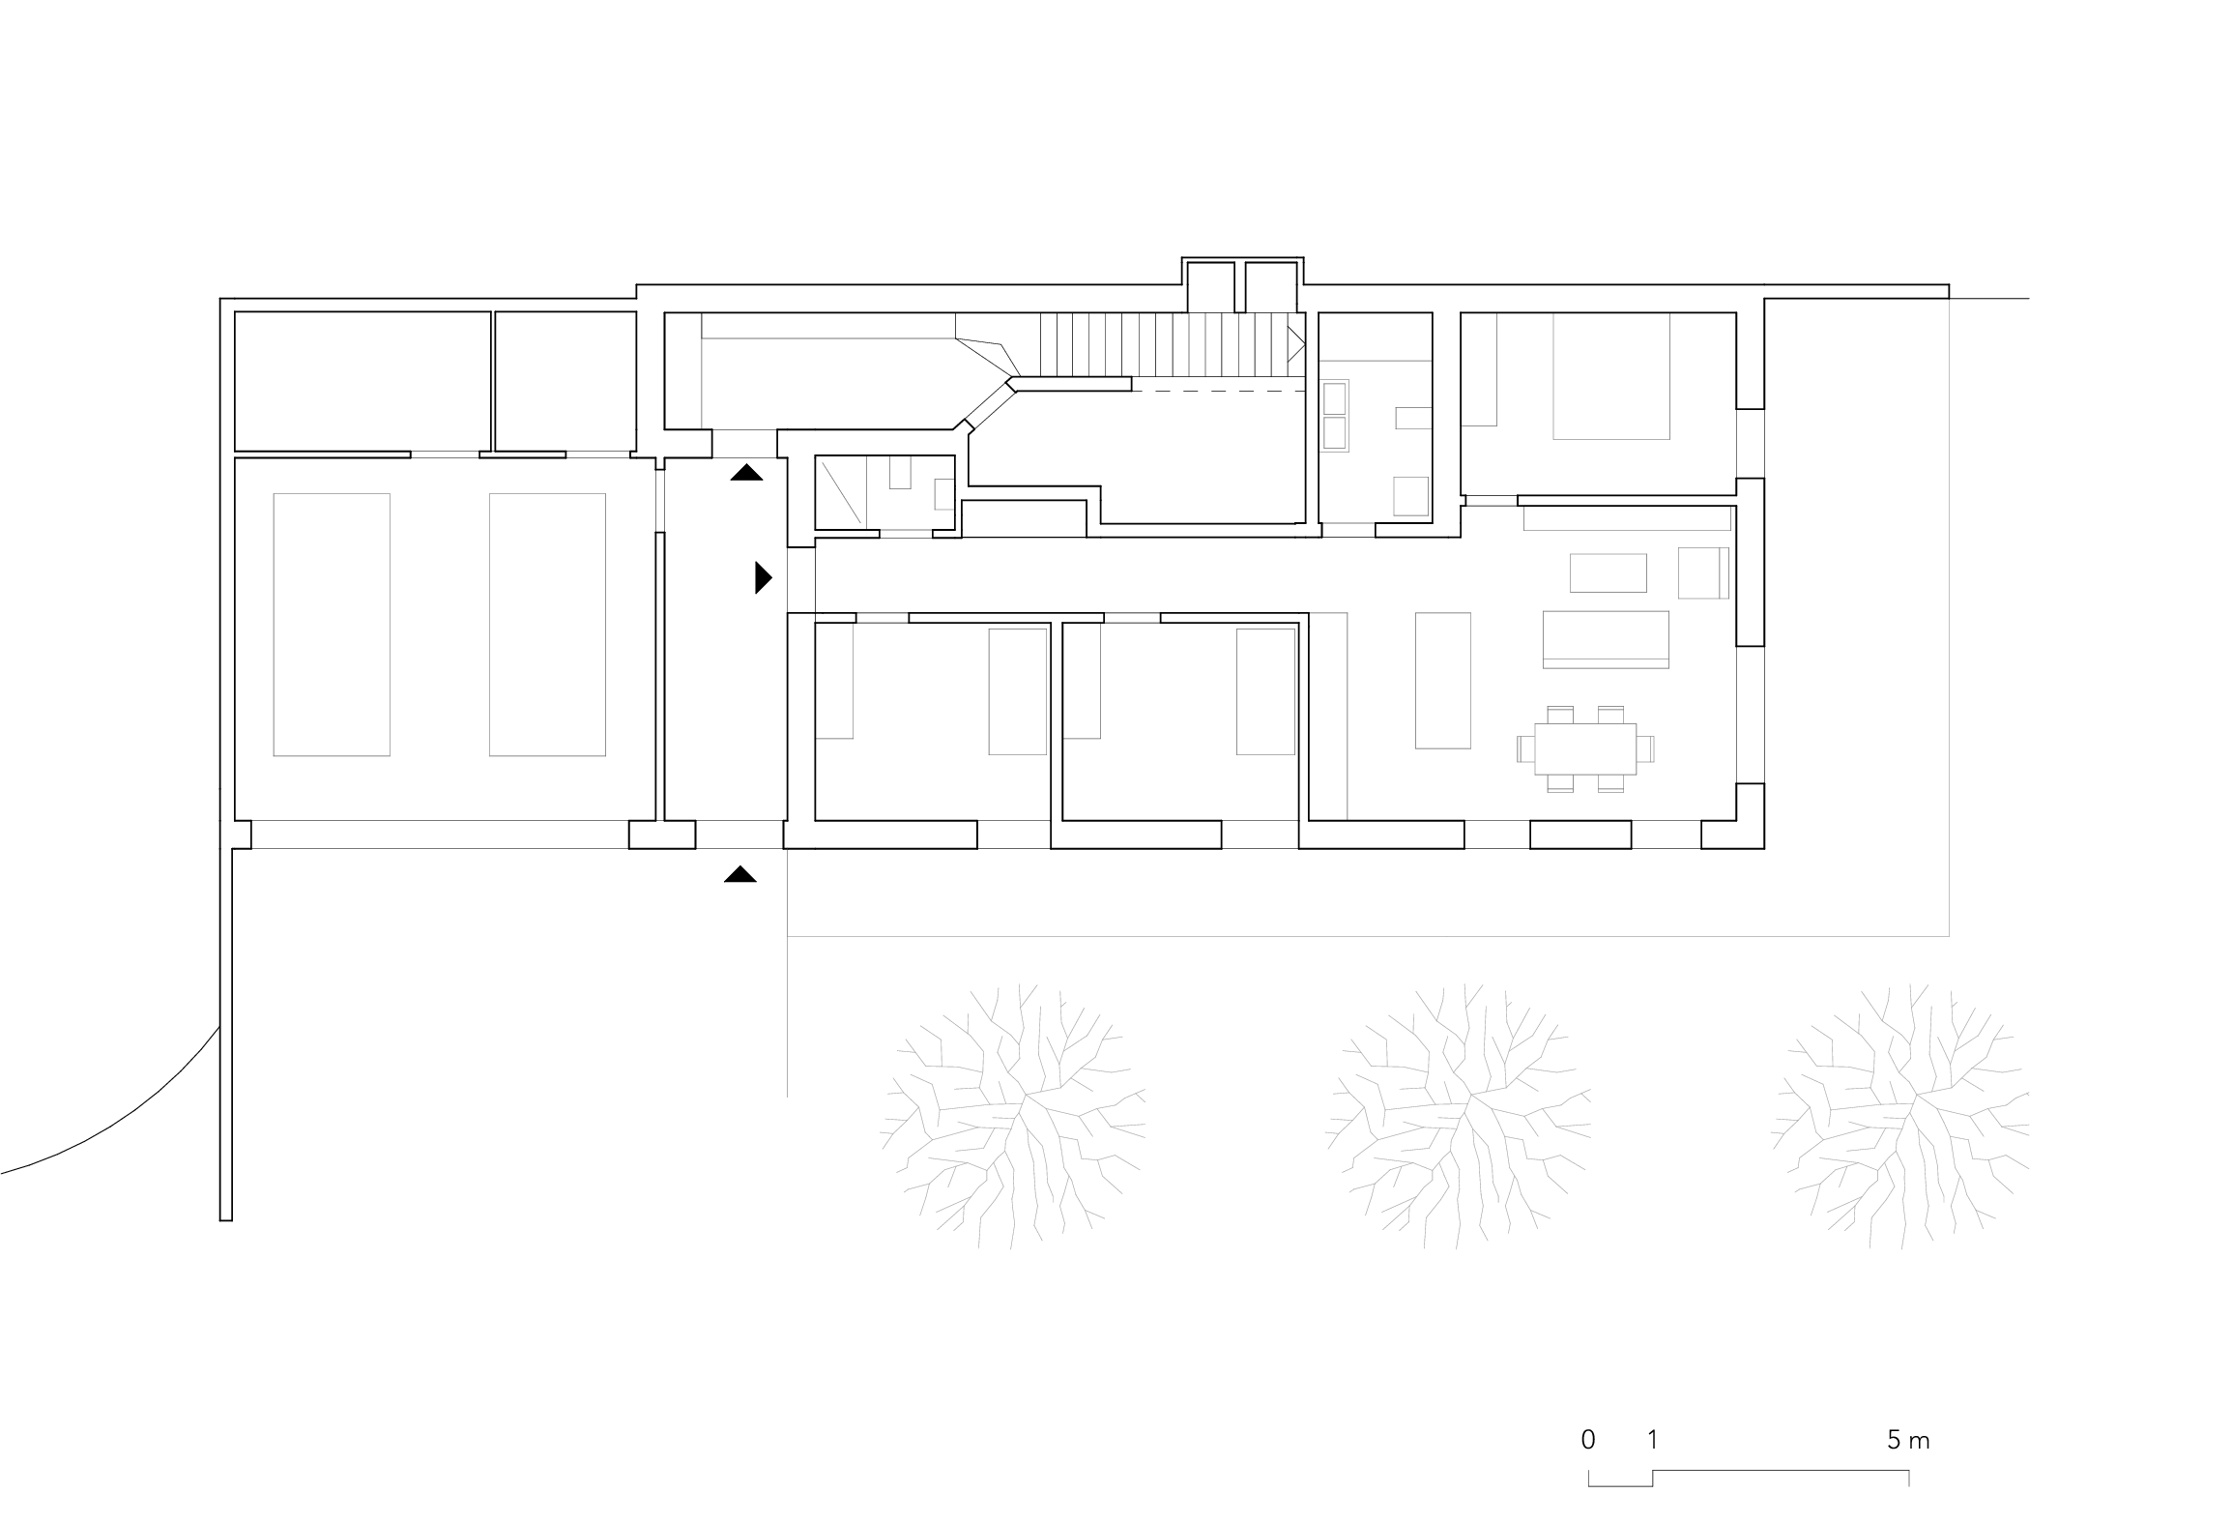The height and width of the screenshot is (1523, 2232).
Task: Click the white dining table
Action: point(1585,748)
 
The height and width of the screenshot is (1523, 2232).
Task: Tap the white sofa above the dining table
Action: point(1606,638)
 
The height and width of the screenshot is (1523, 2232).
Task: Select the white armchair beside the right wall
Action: point(1702,572)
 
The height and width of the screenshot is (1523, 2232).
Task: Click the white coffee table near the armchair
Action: point(1608,572)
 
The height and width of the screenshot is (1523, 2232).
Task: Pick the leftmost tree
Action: point(1012,1116)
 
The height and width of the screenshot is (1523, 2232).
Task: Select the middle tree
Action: point(1458,1116)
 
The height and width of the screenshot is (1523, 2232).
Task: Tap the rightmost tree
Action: point(1902,1116)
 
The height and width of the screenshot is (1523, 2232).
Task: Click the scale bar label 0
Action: point(1588,1440)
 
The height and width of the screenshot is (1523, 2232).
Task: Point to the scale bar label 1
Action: point(1653,1440)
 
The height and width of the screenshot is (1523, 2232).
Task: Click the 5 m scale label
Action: point(1908,1440)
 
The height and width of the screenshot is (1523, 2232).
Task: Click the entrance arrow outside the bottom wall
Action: point(740,875)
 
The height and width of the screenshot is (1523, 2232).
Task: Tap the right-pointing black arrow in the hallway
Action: point(764,577)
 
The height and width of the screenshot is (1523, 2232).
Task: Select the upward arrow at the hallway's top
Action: point(746,473)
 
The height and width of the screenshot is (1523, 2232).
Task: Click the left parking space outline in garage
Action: point(332,624)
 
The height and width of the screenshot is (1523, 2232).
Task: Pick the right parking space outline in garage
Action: point(547,624)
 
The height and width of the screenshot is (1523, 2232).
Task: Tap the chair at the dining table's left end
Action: point(1526,749)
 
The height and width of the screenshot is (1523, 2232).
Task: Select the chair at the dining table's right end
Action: point(1645,749)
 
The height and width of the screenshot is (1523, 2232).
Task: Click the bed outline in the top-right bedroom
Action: point(1610,377)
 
